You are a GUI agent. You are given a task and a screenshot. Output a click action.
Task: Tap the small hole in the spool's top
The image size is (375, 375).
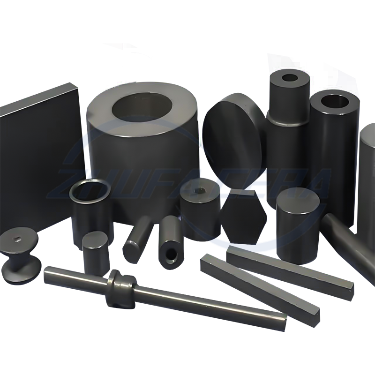18,240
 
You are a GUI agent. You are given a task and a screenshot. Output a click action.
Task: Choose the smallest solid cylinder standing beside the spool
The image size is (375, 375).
96,253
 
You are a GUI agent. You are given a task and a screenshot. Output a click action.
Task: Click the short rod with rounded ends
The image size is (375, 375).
136,241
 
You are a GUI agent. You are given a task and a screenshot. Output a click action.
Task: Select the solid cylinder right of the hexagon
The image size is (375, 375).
298,225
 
